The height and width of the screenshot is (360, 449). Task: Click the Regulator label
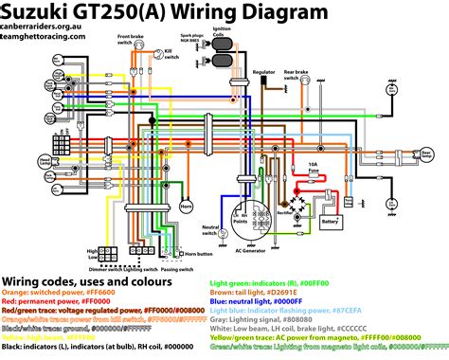[x=265, y=71]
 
